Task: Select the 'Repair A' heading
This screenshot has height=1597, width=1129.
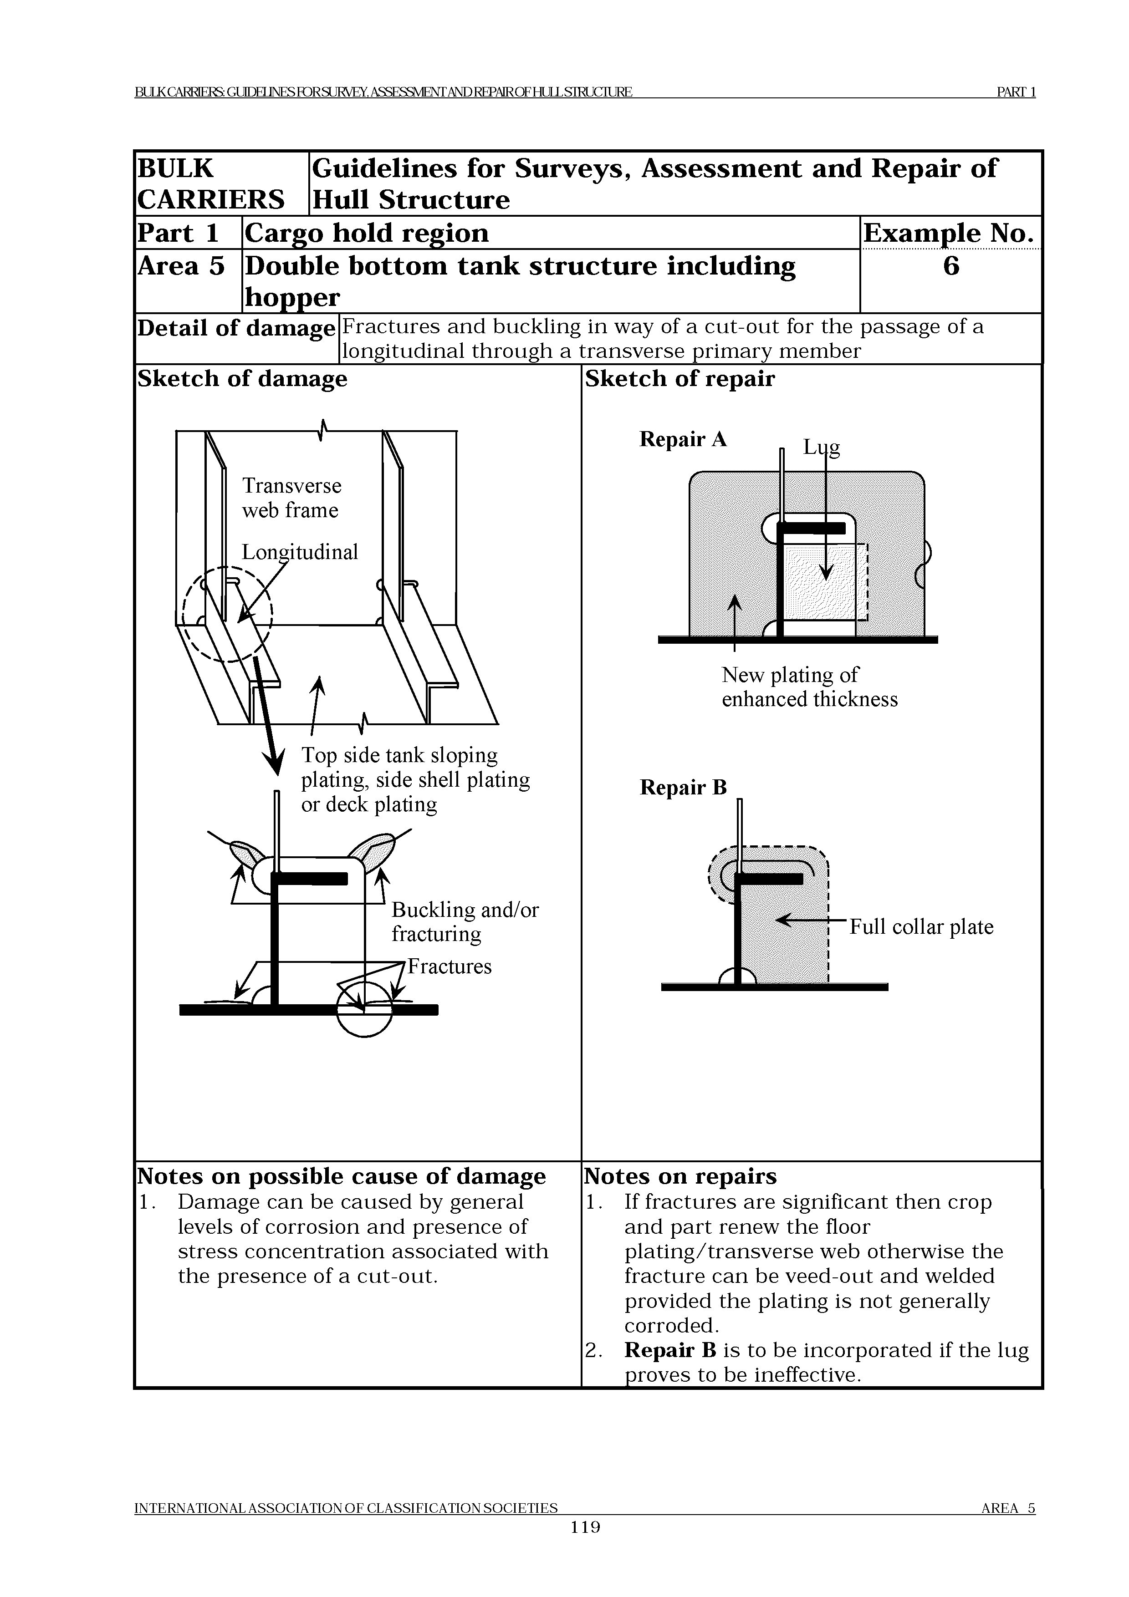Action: (x=682, y=440)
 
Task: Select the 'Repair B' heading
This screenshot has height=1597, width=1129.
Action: (x=682, y=788)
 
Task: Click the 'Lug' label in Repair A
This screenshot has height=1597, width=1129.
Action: (x=822, y=447)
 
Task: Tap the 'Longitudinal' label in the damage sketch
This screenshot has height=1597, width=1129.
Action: (x=299, y=552)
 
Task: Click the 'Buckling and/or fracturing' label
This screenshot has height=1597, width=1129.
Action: (x=465, y=921)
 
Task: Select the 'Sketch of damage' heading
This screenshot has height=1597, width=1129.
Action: (x=242, y=379)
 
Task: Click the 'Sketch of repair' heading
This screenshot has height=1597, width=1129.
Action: (x=679, y=379)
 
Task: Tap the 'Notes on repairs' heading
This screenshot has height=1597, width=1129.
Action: (x=679, y=1176)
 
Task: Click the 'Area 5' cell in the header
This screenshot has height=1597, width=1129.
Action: (x=181, y=266)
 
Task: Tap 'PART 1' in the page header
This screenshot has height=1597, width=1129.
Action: (x=1016, y=92)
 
